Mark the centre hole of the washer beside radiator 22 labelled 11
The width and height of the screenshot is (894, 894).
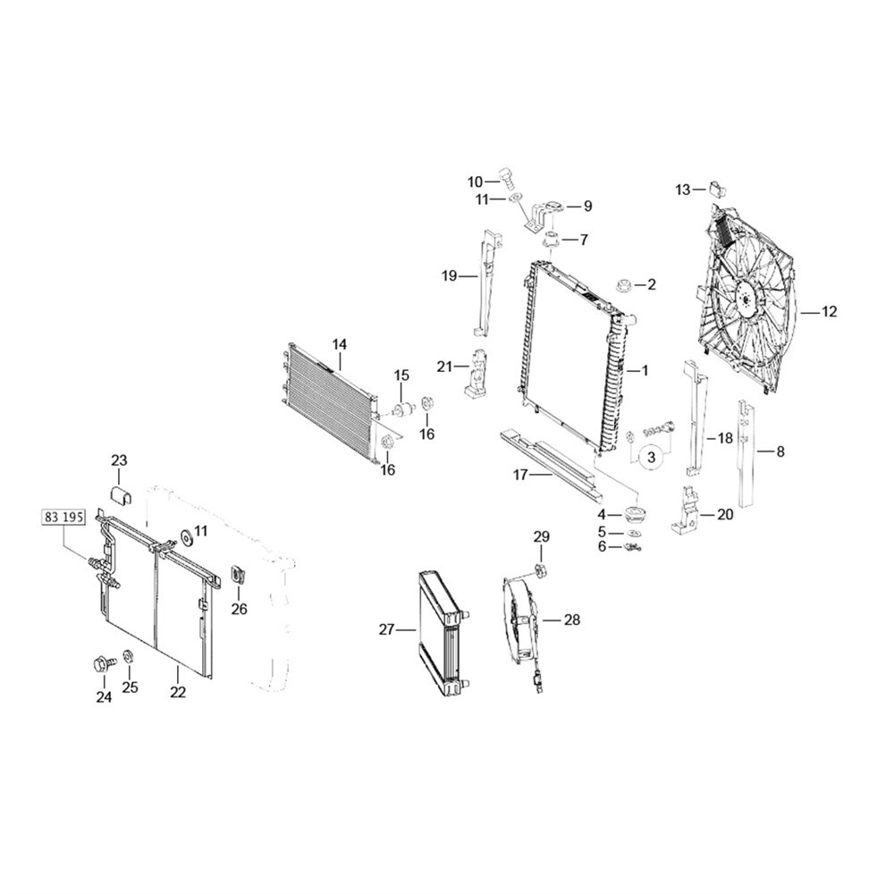pyautogui.click(x=186, y=537)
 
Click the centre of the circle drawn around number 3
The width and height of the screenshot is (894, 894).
pyautogui.click(x=652, y=457)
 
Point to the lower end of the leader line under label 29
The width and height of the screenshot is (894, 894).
pyautogui.click(x=541, y=562)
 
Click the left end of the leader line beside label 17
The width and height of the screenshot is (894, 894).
pyautogui.click(x=530, y=475)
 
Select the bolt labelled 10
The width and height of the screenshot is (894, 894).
pyautogui.click(x=506, y=179)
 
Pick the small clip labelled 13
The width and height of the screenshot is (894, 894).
pyautogui.click(x=716, y=188)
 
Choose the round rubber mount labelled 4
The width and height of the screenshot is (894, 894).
pyautogui.click(x=634, y=514)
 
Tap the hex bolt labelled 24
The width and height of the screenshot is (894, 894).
pyautogui.click(x=103, y=664)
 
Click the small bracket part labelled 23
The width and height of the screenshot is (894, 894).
pyautogui.click(x=121, y=495)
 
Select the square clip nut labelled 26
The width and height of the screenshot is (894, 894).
pyautogui.click(x=238, y=575)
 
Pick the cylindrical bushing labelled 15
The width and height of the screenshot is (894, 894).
pyautogui.click(x=404, y=409)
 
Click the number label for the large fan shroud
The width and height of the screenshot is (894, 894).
pyautogui.click(x=830, y=312)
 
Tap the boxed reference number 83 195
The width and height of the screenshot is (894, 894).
pyautogui.click(x=63, y=517)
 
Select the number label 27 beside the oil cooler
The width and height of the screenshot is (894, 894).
pyautogui.click(x=386, y=629)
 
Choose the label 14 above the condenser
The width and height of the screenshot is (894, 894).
pyautogui.click(x=339, y=344)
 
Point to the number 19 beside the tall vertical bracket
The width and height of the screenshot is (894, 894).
pyautogui.click(x=450, y=276)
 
